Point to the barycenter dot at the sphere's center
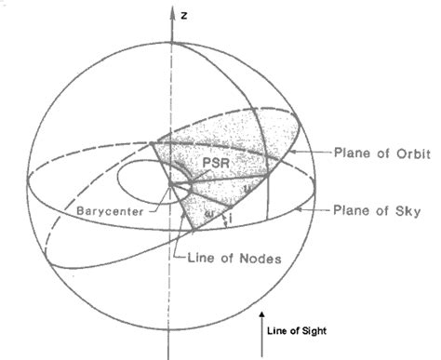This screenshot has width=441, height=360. [171, 182]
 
